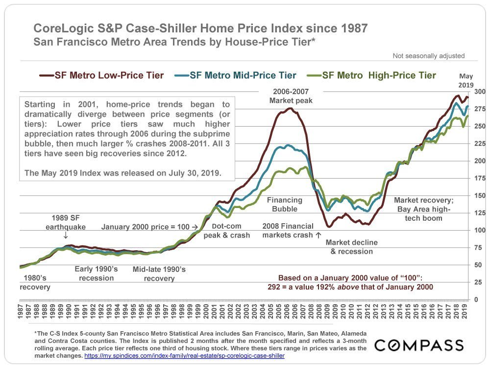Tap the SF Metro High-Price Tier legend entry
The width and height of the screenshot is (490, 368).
[372, 76]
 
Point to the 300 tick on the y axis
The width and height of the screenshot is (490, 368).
[480, 92]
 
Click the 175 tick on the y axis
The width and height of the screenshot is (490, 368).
[480, 179]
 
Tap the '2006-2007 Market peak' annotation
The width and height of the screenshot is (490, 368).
[291, 96]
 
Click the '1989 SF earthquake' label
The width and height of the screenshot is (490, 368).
[65, 222]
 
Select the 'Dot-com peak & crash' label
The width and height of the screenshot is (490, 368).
[227, 231]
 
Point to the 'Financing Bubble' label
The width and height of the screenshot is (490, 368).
[284, 205]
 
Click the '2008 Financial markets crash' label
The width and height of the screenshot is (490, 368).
[288, 231]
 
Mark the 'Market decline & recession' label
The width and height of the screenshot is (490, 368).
[348, 247]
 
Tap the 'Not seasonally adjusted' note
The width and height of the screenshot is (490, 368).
[428, 56]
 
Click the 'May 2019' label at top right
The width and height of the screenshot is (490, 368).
[466, 79]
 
